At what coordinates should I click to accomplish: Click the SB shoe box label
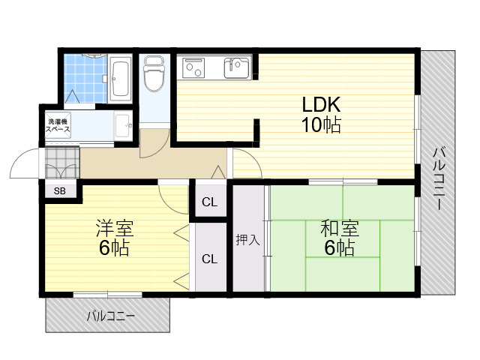59,191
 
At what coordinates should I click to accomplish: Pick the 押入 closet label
247,240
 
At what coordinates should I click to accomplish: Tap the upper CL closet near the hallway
209,202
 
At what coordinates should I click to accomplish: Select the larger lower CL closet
209,259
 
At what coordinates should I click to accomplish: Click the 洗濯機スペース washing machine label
58,125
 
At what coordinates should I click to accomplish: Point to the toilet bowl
154,75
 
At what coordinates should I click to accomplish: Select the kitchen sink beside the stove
235,68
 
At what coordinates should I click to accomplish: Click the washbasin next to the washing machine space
123,123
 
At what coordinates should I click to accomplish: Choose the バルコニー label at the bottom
109,316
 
